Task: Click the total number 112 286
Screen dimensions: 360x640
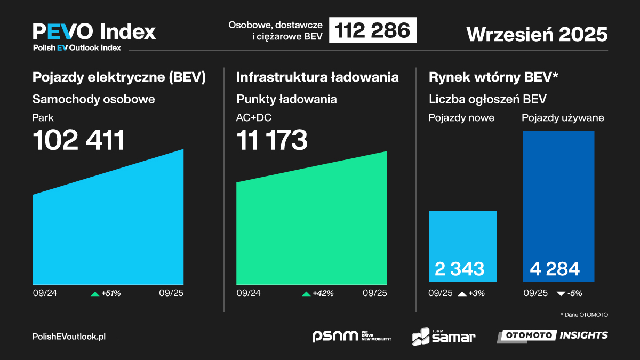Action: pyautogui.click(x=373, y=30)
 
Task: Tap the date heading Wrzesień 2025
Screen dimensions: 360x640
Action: pyautogui.click(x=537, y=34)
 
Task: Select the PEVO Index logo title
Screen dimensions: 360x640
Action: pyautogui.click(x=94, y=31)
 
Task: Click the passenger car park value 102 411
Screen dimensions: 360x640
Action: pyautogui.click(x=79, y=140)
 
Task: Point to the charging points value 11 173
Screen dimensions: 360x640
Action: pyautogui.click(x=272, y=140)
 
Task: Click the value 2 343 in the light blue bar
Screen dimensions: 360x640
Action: pyautogui.click(x=460, y=269)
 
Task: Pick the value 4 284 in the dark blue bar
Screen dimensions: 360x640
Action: pyautogui.click(x=555, y=269)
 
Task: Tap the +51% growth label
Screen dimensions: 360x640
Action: pyautogui.click(x=110, y=293)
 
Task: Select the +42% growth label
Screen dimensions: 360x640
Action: pyautogui.click(x=323, y=293)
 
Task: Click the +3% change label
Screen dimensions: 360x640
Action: pyautogui.click(x=476, y=293)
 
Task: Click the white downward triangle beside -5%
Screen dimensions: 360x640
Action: pyautogui.click(x=561, y=293)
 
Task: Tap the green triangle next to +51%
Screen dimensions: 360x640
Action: pyautogui.click(x=95, y=293)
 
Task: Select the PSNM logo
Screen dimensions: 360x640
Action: pyautogui.click(x=351, y=336)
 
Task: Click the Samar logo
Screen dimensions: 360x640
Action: pyautogui.click(x=443, y=336)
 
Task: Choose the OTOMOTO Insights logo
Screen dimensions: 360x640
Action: pyautogui.click(x=553, y=335)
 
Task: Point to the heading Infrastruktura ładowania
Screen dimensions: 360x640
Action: pyautogui.click(x=317, y=77)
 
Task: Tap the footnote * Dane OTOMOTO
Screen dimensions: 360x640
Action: pyautogui.click(x=584, y=315)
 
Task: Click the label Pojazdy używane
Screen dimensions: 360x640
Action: pyautogui.click(x=563, y=118)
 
